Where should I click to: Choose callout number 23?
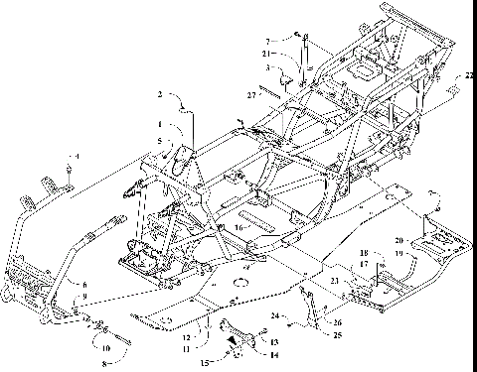coord(335,283)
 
